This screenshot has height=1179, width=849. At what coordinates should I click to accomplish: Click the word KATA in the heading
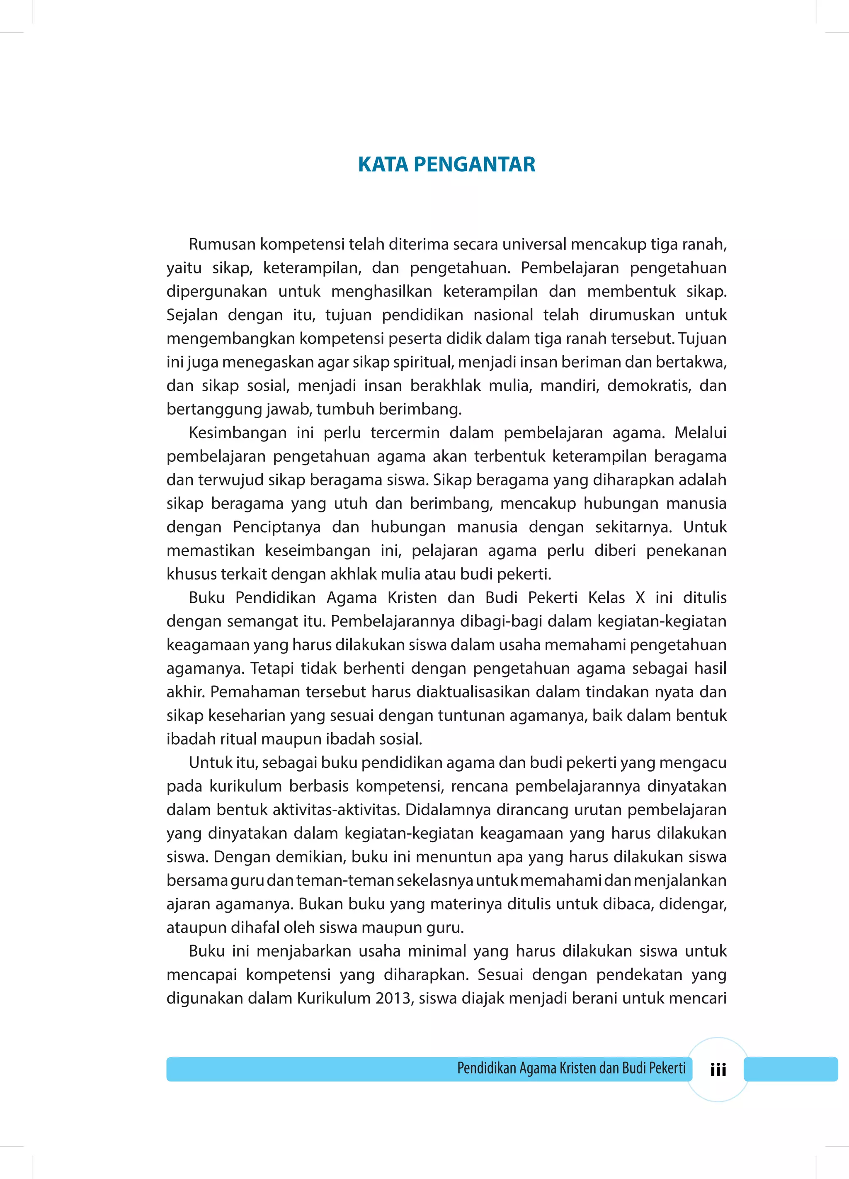click(383, 164)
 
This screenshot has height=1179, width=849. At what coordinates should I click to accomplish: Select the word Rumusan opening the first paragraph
click(222, 244)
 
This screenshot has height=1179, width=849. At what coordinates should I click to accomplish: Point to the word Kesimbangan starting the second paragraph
click(238, 433)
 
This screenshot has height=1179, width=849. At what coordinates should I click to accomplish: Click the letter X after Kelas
click(640, 597)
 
